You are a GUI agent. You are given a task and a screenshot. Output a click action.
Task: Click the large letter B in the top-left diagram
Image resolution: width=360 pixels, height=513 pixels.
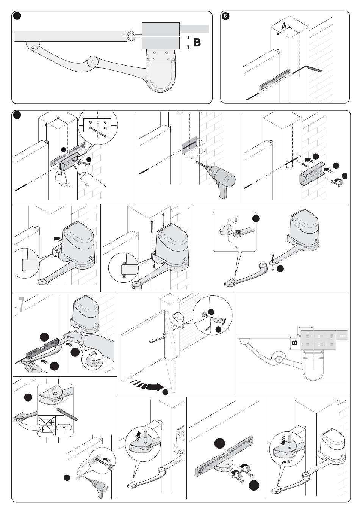coord(197,42)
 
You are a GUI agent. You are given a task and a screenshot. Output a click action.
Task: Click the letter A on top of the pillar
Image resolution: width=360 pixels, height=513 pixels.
coord(283,26)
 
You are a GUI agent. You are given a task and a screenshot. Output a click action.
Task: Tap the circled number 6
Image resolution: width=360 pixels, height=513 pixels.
coord(225,16)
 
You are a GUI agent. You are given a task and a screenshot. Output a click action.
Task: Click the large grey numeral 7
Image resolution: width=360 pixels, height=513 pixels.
coord(22,304)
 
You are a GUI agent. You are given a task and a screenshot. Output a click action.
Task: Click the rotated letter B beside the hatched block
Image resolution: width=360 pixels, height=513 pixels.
coord(295,343)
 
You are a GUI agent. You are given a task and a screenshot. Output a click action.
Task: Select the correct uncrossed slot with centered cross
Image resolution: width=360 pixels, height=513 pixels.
coord(64,427)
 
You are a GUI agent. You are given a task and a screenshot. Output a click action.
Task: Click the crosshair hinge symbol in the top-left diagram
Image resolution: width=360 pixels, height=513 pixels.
coord(131,36)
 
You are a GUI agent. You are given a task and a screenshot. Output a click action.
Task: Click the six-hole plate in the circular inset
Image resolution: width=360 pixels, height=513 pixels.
coord(97,125)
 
